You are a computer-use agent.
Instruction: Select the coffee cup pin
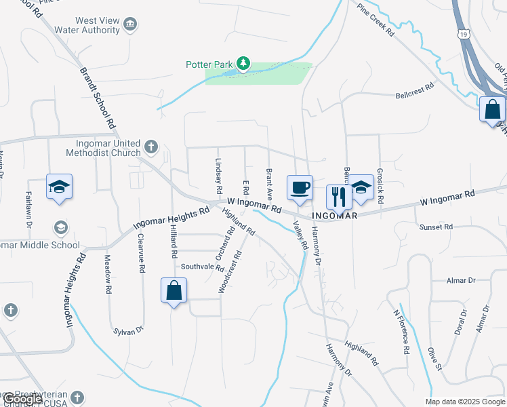300,188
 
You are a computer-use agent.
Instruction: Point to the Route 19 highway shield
464,33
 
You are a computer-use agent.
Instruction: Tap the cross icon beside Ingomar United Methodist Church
151,146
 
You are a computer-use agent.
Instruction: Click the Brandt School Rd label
96,98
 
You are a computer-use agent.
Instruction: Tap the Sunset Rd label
435,227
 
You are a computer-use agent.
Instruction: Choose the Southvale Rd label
202,267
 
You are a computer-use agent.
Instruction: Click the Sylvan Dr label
129,330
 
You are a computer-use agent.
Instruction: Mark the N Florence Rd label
402,332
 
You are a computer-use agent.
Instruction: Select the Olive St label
434,360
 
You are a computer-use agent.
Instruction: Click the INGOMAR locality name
334,216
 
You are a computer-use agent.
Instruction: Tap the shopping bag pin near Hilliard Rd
174,291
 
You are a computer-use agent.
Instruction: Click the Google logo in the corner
22,399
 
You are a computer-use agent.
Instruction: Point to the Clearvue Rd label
141,254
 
